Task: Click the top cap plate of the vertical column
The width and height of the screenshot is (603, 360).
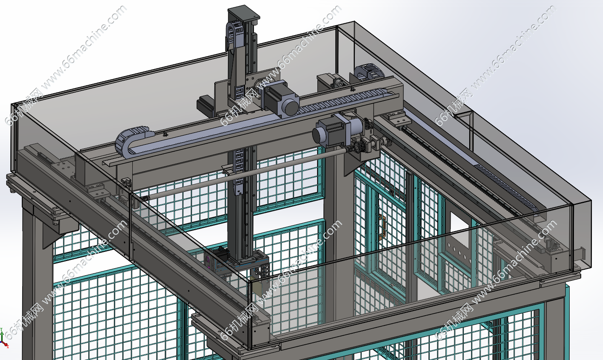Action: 243,13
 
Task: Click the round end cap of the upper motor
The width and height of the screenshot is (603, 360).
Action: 292,107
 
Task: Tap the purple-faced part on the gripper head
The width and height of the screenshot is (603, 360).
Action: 208,262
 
